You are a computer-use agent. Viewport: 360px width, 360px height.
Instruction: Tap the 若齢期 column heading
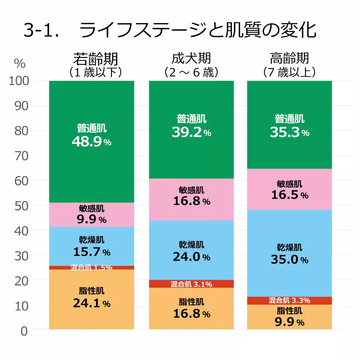tap(95, 59)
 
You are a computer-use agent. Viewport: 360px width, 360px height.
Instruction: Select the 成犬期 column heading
tap(191, 59)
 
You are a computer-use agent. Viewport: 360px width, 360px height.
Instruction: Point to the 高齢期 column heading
tap(289, 59)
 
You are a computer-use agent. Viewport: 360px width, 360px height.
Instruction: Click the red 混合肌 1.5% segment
tap(91, 268)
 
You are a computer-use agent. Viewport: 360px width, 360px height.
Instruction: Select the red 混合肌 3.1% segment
tap(191, 284)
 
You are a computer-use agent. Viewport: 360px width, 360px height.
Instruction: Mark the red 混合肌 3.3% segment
tap(289, 300)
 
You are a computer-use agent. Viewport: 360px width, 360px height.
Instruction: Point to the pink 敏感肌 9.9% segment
tap(91, 215)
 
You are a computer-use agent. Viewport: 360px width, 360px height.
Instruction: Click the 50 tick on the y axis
tap(22, 206)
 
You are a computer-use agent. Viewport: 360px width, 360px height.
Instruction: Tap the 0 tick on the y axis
tap(24, 331)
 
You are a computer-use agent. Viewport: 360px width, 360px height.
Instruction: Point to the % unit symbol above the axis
tap(20, 64)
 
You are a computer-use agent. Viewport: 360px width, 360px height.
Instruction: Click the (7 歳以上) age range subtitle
tap(289, 72)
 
